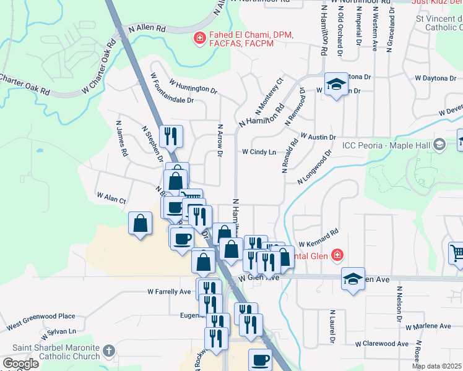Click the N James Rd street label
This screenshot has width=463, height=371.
[121, 137]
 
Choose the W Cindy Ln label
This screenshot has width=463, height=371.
[259, 151]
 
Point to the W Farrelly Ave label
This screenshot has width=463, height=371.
[169, 291]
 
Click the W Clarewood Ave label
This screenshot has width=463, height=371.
[382, 344]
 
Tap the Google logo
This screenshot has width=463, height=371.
[21, 364]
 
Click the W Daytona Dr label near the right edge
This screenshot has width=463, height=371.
[435, 79]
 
